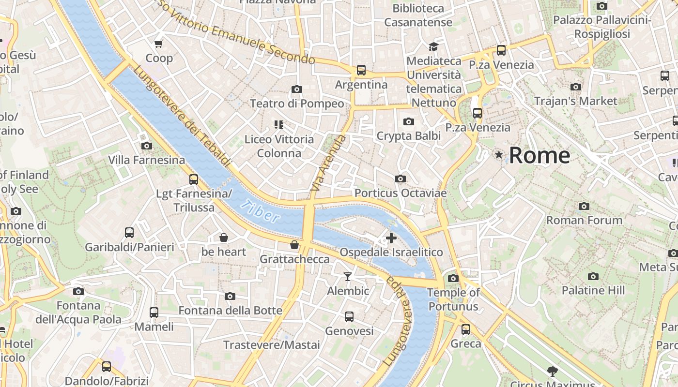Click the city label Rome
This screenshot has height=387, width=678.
coord(539,155)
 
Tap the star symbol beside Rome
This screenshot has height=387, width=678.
coord(499,155)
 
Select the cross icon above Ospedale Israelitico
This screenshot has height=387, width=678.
coord(391,238)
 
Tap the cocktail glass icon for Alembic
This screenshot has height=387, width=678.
coord(347,277)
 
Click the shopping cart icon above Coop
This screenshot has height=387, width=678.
coord(158,44)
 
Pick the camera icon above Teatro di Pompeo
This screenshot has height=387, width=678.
coord(297,89)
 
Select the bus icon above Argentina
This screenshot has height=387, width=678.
coord(361,70)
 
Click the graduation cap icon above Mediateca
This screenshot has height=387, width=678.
coord(433,46)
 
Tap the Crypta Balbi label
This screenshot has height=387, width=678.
coord(409,136)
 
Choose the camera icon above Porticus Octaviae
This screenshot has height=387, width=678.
coord(400,179)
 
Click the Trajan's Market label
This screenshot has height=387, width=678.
coord(575,101)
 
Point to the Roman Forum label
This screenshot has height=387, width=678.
coord(584,221)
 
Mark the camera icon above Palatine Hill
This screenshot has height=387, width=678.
coord(593,277)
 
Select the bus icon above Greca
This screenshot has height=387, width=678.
coord(466,329)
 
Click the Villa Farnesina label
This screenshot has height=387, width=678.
coord(146,160)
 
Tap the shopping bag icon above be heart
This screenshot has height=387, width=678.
coord(224,238)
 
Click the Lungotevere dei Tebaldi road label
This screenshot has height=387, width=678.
coord(182,117)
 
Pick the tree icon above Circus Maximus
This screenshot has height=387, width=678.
coord(552,372)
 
